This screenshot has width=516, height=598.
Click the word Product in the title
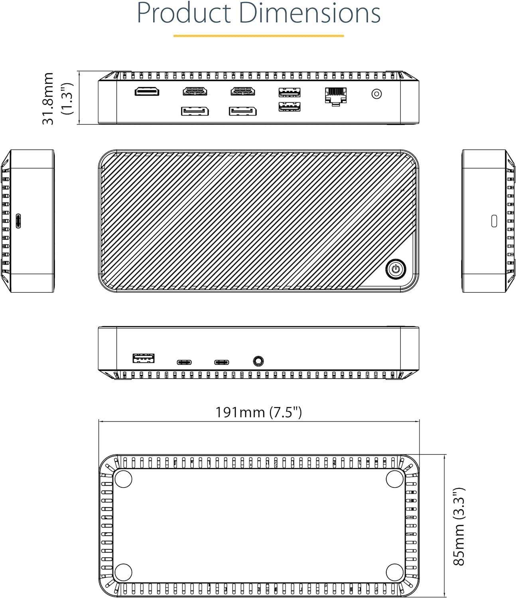(184, 13)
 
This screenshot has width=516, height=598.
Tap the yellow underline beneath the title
(258, 36)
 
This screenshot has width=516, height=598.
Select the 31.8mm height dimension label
(48, 98)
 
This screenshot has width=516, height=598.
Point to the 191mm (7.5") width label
(259, 412)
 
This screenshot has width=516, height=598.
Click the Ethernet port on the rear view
(336, 96)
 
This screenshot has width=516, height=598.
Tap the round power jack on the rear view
(376, 94)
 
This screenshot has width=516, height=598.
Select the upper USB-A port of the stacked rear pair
(290, 92)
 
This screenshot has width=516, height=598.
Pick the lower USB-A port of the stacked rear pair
(290, 107)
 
